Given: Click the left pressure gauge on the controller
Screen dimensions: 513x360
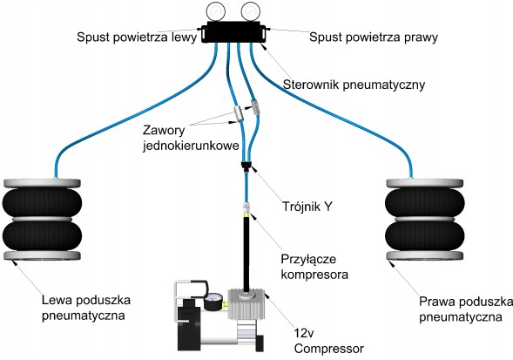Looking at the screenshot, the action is tap(216, 11).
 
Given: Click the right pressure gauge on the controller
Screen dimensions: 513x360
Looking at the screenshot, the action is tap(250, 11).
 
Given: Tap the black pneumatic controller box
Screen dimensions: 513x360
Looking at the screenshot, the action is tap(234, 32).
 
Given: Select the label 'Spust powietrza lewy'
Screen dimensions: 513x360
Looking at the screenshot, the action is tap(137, 37).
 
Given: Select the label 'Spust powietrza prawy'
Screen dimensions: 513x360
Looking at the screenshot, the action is tap(374, 37).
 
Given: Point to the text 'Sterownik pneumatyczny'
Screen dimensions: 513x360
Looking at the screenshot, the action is tap(354, 85).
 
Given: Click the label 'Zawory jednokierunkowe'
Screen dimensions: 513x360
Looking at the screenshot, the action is tap(191, 138).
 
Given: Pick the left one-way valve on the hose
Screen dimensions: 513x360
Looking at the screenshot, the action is tap(239, 113).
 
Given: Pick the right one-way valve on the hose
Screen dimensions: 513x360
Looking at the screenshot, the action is tap(255, 106).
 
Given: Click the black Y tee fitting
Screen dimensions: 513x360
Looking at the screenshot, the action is tap(246, 166).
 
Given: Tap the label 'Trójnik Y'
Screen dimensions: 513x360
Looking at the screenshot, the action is tap(307, 207).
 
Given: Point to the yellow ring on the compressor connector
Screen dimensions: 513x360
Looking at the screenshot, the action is tap(246, 214).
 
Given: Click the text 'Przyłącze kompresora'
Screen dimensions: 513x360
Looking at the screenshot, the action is tap(314, 267).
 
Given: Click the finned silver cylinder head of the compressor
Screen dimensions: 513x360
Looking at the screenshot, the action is tap(246, 304).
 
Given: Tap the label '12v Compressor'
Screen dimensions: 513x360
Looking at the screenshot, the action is tap(329, 341).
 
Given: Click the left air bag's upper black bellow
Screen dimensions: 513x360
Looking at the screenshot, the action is tap(42, 203).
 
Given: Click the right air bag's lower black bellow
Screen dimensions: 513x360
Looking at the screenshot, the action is tap(425, 236).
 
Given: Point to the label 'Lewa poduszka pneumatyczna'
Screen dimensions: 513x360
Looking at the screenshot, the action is tap(86, 308).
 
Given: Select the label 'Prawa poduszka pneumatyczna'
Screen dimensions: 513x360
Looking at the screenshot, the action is tap(466, 309).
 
